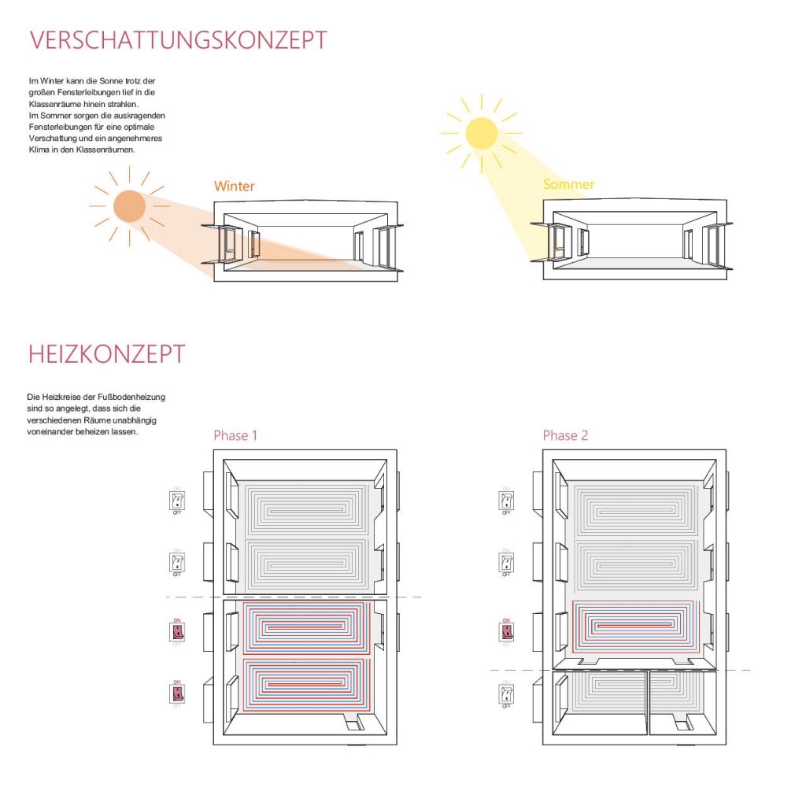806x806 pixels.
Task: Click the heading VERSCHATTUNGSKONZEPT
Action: pyautogui.click(x=178, y=40)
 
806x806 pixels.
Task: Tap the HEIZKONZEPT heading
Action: pyautogui.click(x=107, y=354)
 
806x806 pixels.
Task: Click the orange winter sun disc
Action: pyautogui.click(x=130, y=205)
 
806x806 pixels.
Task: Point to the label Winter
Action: pyautogui.click(x=235, y=187)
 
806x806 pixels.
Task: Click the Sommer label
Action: pyautogui.click(x=568, y=184)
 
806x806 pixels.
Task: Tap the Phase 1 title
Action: pyautogui.click(x=235, y=435)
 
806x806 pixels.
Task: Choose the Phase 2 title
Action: pyautogui.click(x=565, y=435)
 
